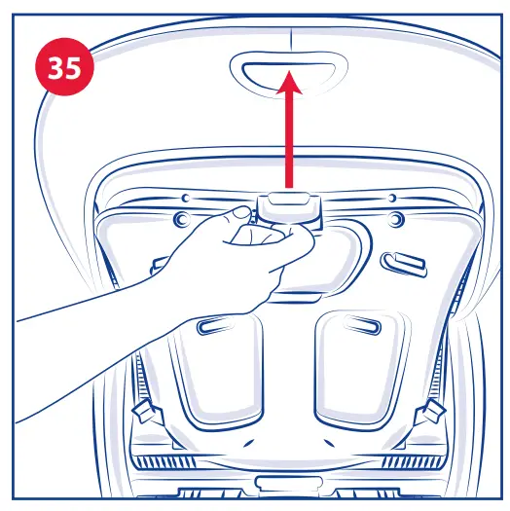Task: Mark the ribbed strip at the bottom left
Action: click(175, 457)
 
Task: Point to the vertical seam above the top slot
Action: click(289, 37)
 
